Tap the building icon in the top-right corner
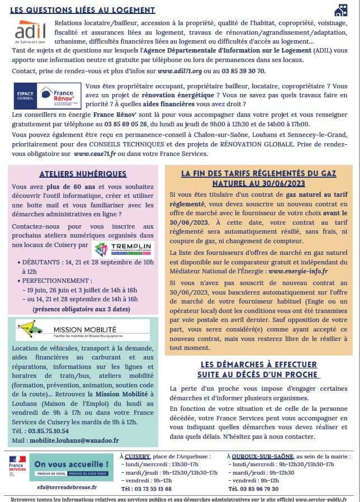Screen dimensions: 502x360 click(340, 10)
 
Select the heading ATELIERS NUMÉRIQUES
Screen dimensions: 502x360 click(83, 174)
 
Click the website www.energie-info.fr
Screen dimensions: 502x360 click(298, 271)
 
